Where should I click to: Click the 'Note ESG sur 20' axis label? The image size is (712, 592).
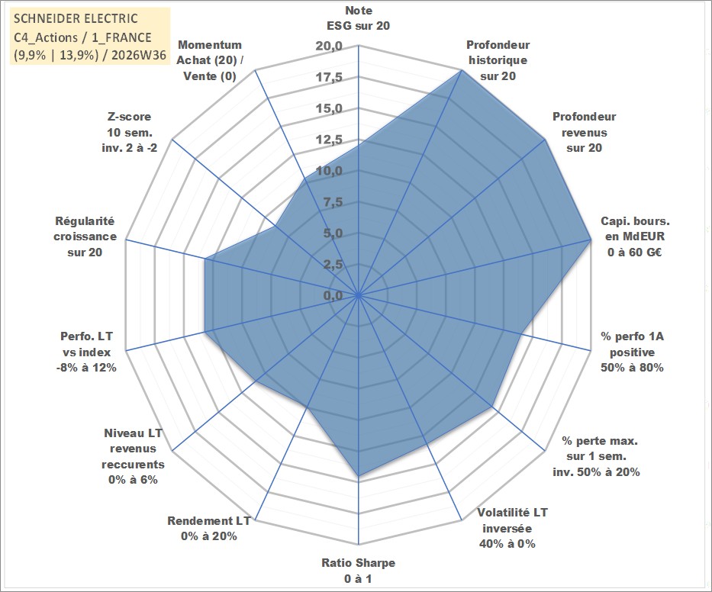click(x=358, y=18)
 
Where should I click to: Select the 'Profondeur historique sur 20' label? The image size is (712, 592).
click(x=498, y=60)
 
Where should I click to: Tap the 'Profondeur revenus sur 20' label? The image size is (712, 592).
click(x=584, y=132)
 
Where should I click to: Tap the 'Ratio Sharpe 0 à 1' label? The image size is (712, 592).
click(x=358, y=571)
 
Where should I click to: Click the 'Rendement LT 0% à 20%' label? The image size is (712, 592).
click(x=209, y=529)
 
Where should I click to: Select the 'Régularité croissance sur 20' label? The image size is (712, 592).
click(x=85, y=236)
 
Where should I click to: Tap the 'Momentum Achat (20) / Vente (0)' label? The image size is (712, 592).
click(x=209, y=60)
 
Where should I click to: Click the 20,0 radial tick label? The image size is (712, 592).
click(x=329, y=47)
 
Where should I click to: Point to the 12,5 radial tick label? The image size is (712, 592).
click(x=329, y=140)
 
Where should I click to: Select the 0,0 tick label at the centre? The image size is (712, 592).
click(x=333, y=295)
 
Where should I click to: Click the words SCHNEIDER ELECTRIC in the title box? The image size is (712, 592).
click(x=76, y=18)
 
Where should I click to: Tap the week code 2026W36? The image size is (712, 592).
click(x=139, y=55)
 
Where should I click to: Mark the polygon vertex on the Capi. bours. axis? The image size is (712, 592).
click(x=591, y=240)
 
